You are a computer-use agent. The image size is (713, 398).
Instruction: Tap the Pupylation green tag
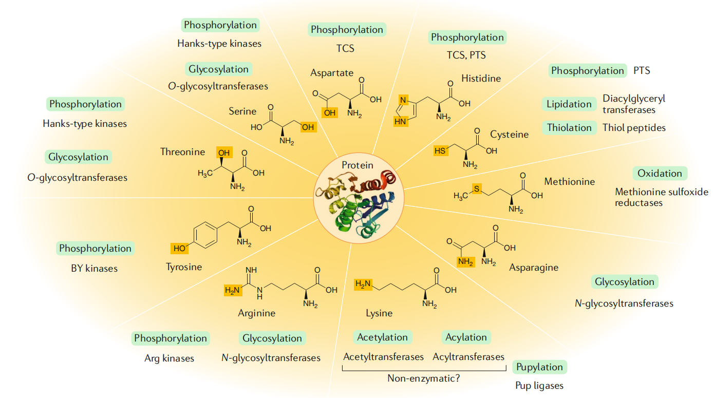539,367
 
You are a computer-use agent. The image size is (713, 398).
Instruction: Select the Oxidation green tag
660,174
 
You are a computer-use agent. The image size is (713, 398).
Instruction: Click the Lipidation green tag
569,104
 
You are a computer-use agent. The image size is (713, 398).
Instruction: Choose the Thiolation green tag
569,128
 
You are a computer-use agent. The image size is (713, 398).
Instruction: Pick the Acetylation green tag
382,337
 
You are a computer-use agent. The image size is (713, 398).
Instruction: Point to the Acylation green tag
466,337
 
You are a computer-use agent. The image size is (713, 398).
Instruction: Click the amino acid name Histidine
481,79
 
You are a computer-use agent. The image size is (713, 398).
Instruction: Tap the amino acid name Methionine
569,181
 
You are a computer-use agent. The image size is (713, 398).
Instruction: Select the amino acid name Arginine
256,313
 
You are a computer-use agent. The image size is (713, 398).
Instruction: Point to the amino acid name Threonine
182,151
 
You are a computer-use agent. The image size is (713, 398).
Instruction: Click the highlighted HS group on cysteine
441,151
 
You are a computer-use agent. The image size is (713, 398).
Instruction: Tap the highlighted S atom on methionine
476,189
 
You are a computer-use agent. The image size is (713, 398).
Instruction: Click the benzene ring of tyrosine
207,235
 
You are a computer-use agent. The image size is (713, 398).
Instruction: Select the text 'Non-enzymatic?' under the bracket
423,378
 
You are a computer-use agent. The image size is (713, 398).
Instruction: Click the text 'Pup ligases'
539,385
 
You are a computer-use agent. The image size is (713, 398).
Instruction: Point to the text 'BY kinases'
94,268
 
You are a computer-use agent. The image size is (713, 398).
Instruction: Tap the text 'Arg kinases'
169,358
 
